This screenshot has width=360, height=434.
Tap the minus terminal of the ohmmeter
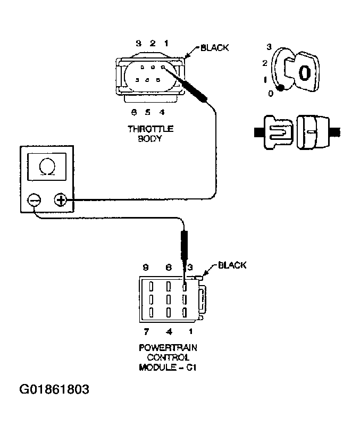pyautogui.click(x=34, y=201)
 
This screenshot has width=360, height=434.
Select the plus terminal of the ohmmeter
pyautogui.click(x=60, y=201)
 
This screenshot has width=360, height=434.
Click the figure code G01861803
pyautogui.click(x=54, y=389)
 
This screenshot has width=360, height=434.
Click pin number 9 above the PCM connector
pyautogui.click(x=145, y=267)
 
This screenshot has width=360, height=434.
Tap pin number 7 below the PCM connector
pyautogui.click(x=146, y=332)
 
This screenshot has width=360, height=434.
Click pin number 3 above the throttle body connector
pyautogui.click(x=138, y=43)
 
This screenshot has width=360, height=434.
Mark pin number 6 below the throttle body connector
pyautogui.click(x=135, y=112)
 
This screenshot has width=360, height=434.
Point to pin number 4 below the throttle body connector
pyautogui.click(x=162, y=112)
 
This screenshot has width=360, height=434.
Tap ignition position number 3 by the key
pyautogui.click(x=269, y=47)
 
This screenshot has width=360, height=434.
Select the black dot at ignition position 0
pyautogui.click(x=280, y=88)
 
